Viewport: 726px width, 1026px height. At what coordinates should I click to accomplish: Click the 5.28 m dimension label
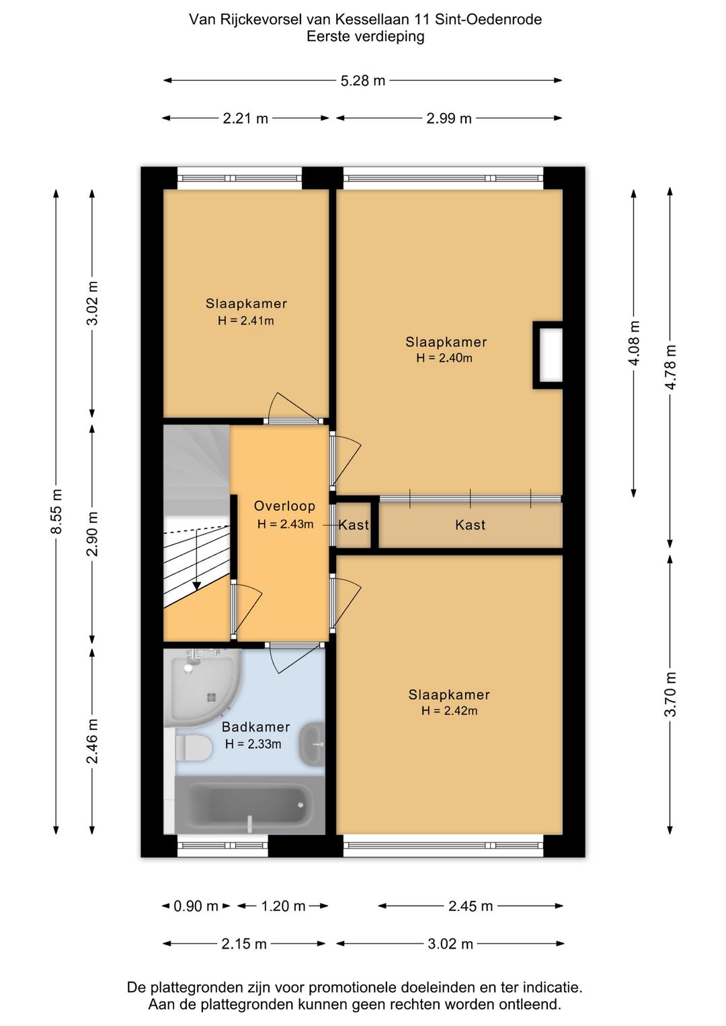pos(363,81)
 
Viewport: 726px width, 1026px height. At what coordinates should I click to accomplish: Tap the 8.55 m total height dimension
pos(56,511)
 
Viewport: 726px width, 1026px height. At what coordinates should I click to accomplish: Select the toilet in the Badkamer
pos(193,748)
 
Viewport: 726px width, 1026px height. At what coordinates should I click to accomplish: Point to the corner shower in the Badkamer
pos(202,687)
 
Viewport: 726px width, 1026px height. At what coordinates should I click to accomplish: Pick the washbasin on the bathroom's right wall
pos(312,744)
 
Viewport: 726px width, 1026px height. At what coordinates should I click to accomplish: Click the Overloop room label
pos(284,506)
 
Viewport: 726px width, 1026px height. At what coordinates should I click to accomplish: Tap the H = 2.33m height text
pos(253,744)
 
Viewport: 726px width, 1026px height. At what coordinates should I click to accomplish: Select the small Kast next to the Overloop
pos(354,524)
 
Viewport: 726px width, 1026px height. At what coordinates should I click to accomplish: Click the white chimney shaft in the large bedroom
pos(549,355)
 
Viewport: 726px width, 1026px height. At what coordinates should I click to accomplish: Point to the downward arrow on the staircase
pos(197,559)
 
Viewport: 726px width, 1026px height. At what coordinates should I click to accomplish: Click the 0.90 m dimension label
pos(196,906)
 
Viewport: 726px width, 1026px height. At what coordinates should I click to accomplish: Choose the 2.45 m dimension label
pos(471,906)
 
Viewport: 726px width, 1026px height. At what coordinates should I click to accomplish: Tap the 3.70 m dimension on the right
pos(671,694)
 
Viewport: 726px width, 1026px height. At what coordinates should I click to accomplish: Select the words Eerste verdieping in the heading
pos(366,36)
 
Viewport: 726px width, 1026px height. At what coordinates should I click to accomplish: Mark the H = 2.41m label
pos(246,321)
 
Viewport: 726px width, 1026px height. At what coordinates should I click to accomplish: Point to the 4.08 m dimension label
pos(634,343)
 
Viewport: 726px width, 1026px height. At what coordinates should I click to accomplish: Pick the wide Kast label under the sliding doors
pos(471,525)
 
